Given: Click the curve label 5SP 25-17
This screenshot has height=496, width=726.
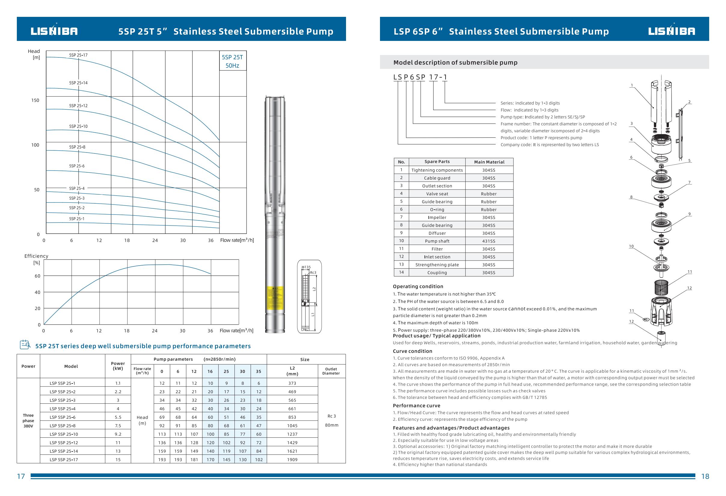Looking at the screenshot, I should [78, 55].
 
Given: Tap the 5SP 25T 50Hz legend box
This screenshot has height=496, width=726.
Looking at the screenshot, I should [232, 61].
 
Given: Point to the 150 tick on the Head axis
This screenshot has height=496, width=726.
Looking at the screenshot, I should [35, 100].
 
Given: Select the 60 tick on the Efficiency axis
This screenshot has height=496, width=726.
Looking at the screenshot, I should [38, 276].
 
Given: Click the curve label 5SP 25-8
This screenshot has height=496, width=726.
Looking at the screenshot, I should [77, 147].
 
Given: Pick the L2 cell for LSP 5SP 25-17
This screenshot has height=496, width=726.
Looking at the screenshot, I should [293, 459].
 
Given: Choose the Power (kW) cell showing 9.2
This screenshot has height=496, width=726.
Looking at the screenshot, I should [118, 434].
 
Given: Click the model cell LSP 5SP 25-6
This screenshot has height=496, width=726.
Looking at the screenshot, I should [63, 417].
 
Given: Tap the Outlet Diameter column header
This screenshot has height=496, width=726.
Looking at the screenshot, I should [331, 371].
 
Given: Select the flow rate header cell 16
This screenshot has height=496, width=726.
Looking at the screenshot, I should [210, 371].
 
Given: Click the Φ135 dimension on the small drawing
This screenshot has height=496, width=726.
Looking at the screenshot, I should [306, 267].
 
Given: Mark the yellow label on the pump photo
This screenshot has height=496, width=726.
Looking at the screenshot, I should [275, 297].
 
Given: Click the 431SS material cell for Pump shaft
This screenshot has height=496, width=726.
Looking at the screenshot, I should [489, 241].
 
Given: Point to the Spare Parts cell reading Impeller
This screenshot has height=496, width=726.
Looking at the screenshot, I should [437, 217].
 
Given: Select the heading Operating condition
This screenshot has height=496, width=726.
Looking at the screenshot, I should [418, 286].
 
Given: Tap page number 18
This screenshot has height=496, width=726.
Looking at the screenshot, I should [705, 476].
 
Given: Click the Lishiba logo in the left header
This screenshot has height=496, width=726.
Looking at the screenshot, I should [54, 31].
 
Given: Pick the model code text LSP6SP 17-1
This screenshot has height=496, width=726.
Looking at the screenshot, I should [420, 77].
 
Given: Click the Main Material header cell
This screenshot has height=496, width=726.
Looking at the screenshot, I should [489, 162].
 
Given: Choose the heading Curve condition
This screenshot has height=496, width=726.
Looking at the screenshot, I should [412, 351].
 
